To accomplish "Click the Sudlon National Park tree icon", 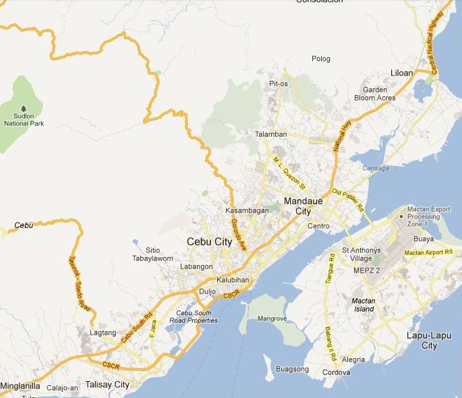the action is tap(24, 109).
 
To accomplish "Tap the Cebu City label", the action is tap(209, 241).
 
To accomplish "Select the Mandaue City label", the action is tap(304, 206).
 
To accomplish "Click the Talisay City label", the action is tap(107, 385).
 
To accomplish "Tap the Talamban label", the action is tap(271, 134).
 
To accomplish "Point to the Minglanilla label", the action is tap(20, 387).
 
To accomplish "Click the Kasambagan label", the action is tap(247, 210).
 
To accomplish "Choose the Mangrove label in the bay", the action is tap(272, 318).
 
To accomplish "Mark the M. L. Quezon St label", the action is tap(289, 172).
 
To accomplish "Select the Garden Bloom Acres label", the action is tap(375, 94).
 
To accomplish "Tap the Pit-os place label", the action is tap(279, 84).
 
